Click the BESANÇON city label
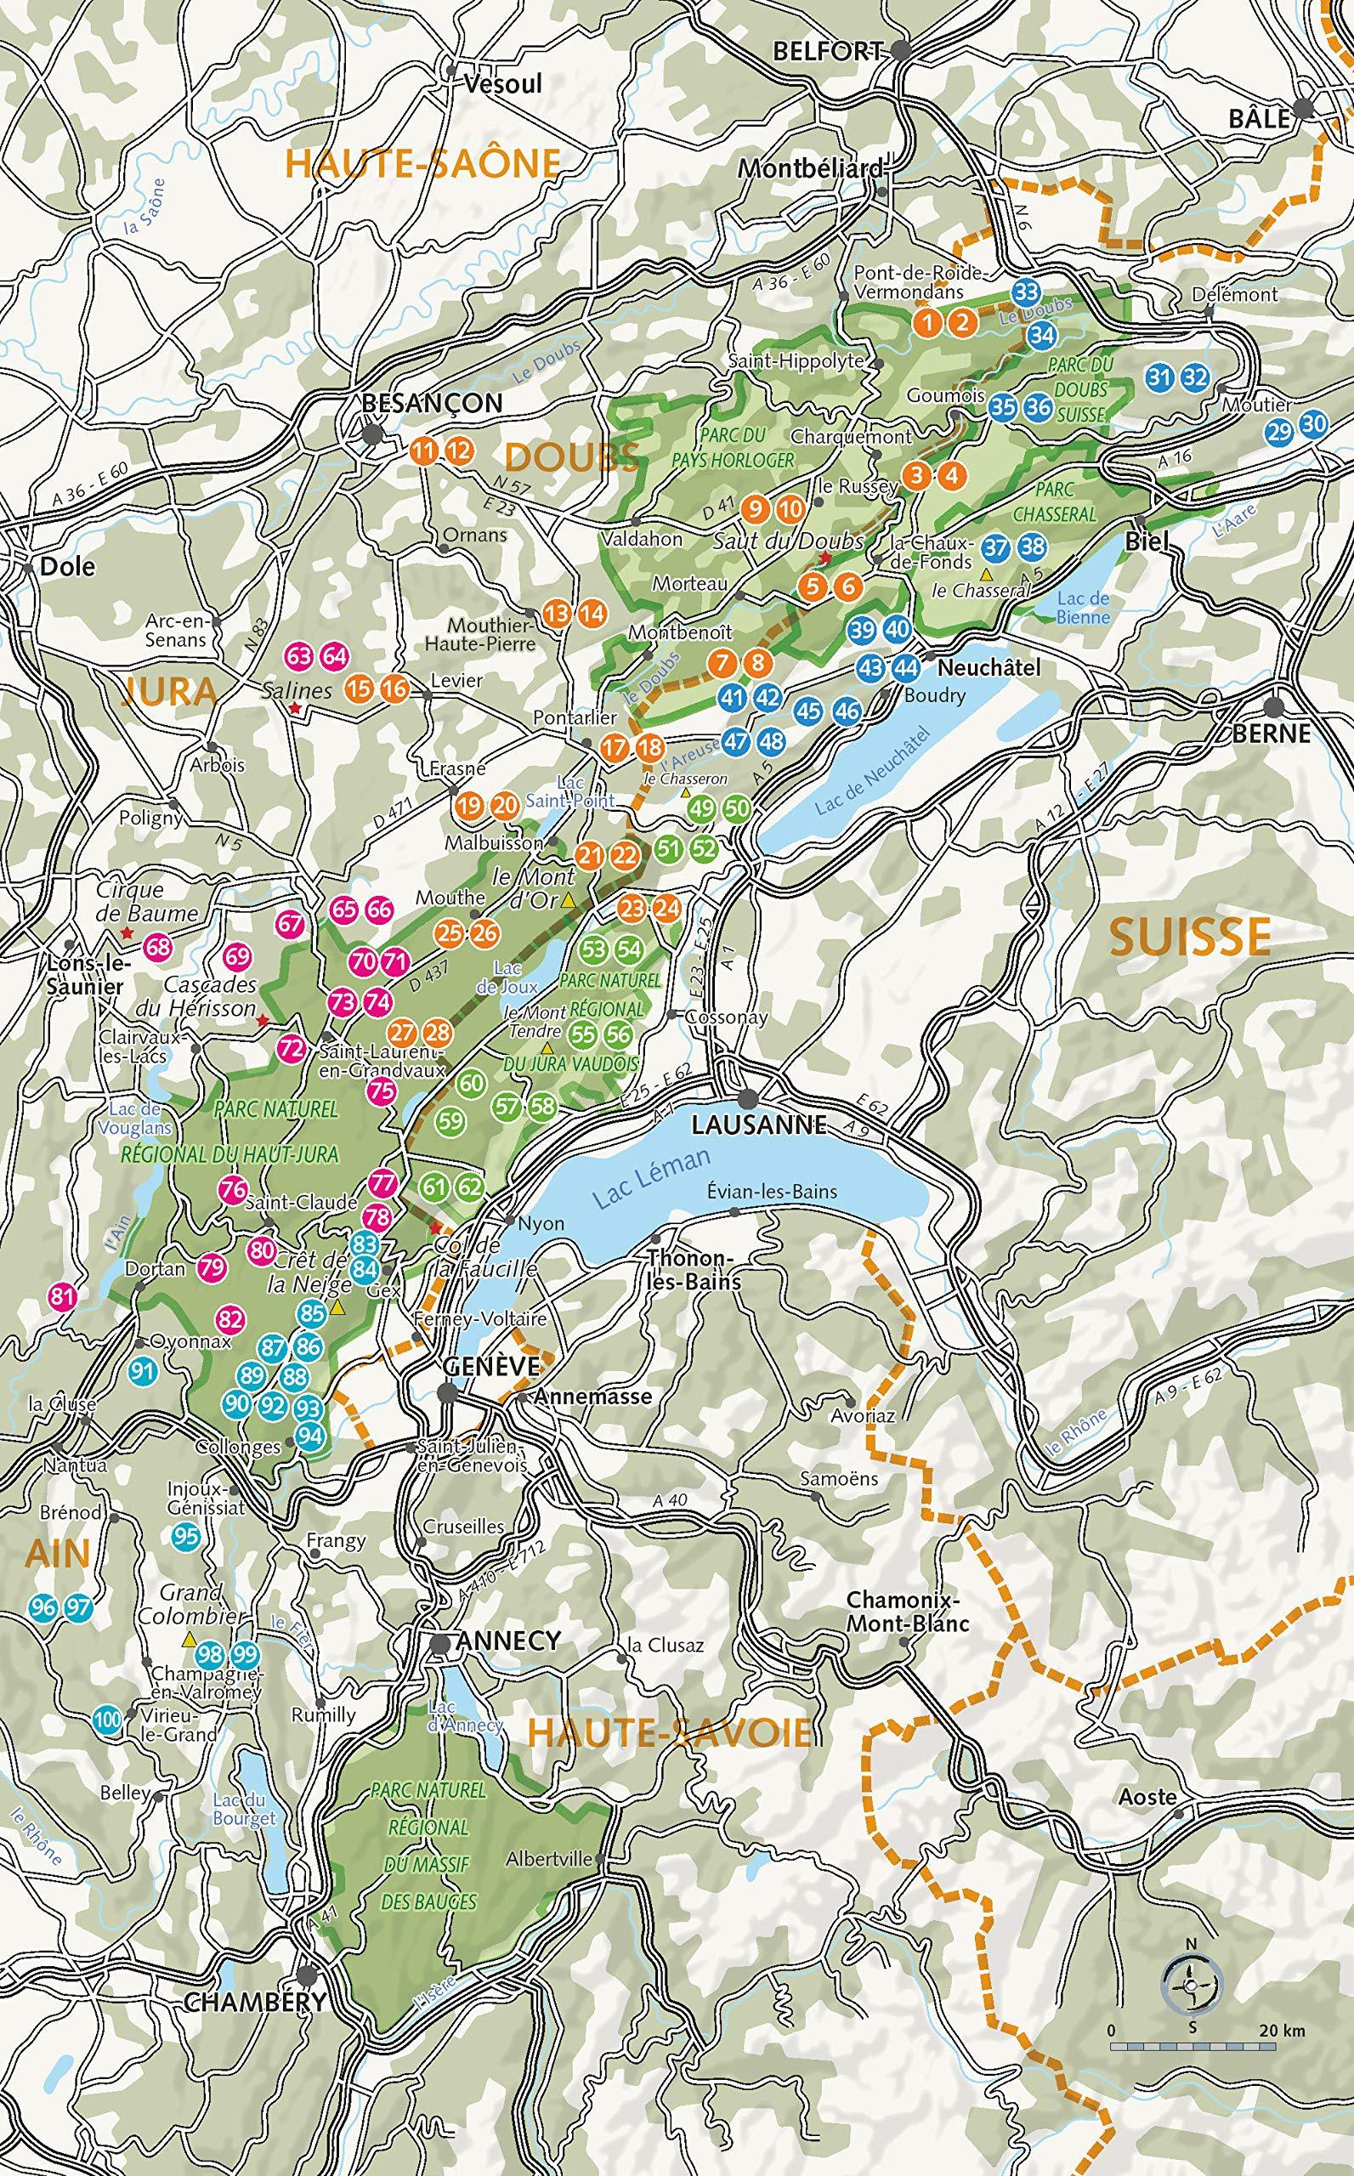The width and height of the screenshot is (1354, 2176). click(431, 403)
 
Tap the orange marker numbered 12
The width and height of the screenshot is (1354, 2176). click(456, 451)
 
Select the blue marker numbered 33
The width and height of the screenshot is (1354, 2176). click(1026, 291)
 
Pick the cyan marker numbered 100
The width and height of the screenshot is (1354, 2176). click(106, 1719)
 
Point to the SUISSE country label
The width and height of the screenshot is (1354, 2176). click(1190, 937)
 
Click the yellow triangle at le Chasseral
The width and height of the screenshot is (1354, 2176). click(986, 572)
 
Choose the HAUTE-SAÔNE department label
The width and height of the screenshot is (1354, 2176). click(422, 162)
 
